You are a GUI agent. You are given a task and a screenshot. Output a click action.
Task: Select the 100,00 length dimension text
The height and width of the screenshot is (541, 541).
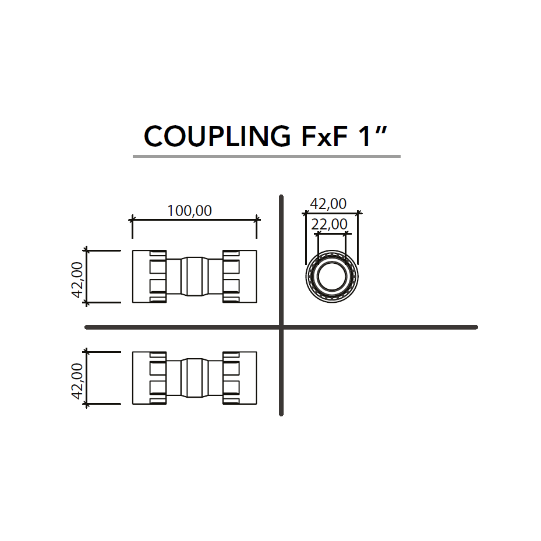pyautogui.click(x=190, y=210)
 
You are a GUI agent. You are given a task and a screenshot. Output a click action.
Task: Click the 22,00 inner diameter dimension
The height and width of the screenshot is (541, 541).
pyautogui.click(x=329, y=224)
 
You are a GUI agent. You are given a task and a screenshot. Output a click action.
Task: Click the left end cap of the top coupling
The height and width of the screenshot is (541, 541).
pyautogui.click(x=149, y=276)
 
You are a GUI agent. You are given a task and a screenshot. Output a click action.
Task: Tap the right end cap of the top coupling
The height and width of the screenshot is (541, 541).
pyautogui.click(x=239, y=276)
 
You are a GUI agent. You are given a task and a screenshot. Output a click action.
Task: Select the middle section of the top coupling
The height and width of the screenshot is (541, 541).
pyautogui.click(x=195, y=276)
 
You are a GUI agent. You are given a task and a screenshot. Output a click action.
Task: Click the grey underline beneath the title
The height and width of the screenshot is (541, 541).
pyautogui.click(x=266, y=156)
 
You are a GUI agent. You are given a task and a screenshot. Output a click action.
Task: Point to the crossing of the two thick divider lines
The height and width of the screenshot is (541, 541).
pyautogui.click(x=281, y=327)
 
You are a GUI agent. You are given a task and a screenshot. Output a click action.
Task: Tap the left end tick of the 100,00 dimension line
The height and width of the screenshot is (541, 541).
pyautogui.click(x=132, y=220)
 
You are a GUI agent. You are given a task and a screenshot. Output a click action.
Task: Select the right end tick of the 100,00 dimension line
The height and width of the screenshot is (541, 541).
pyautogui.click(x=257, y=220)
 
